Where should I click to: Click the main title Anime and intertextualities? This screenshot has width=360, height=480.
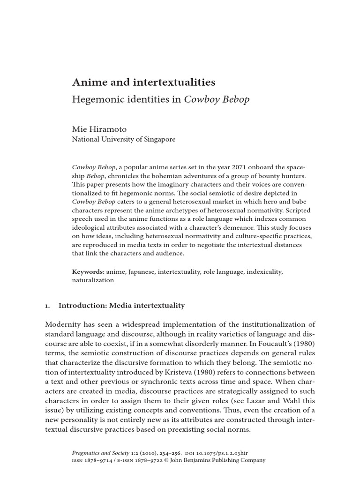[143, 82]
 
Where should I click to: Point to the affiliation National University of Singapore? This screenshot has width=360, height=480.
[123, 140]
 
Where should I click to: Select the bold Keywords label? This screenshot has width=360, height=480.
[88, 271]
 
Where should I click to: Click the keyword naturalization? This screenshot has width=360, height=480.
[93, 280]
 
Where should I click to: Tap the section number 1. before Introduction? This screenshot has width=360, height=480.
[47, 306]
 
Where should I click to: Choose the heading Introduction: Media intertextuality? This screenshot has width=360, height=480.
[121, 306]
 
